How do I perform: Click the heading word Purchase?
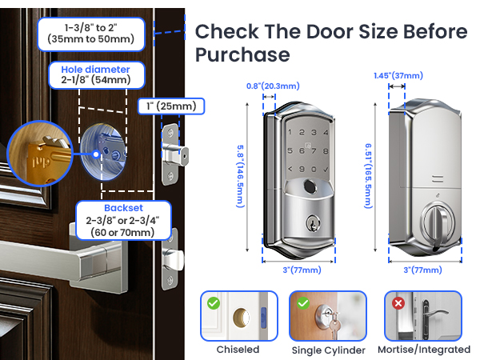(242, 55)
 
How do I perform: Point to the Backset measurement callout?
(123, 221)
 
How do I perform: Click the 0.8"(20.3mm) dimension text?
(273, 86)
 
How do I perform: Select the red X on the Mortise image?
(398, 304)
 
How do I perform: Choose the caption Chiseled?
(238, 350)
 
